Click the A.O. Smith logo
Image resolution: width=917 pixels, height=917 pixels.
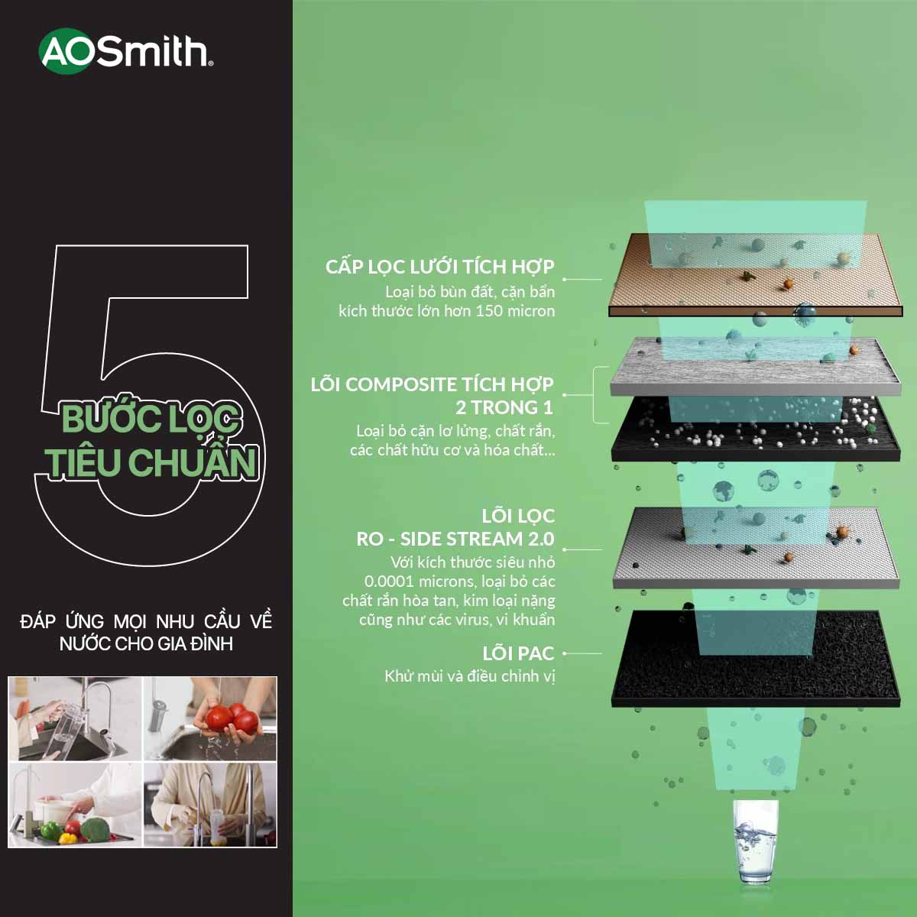pyautogui.click(x=125, y=51)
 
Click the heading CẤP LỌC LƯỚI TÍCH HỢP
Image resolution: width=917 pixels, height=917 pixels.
pyautogui.click(x=439, y=267)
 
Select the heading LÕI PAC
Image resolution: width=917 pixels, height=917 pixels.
pyautogui.click(x=518, y=653)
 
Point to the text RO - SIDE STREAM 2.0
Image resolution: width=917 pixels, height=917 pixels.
pyautogui.click(x=455, y=539)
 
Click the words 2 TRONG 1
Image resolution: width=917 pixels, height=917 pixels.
pyautogui.click(x=504, y=407)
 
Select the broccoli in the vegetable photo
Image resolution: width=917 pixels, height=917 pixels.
pyautogui.click(x=96, y=828)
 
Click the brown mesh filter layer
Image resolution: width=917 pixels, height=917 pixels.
pyautogui.click(x=756, y=274)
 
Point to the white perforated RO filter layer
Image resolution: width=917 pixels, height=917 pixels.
pyautogui.click(x=756, y=547)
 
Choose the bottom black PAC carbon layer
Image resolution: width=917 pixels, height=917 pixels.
pyautogui.click(x=756, y=658)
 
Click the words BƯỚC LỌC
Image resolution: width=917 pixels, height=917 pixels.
pyautogui.click(x=151, y=418)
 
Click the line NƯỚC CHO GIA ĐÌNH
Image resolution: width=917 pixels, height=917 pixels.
pyautogui.click(x=146, y=644)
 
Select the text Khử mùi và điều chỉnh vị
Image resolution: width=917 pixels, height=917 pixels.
pyautogui.click(x=470, y=676)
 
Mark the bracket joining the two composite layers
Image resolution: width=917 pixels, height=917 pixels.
pyautogui.click(x=594, y=394)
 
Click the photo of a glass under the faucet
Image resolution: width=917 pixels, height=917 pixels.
pyautogui.click(x=75, y=719)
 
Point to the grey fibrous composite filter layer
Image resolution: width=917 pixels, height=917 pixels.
pyautogui.click(x=756, y=365)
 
